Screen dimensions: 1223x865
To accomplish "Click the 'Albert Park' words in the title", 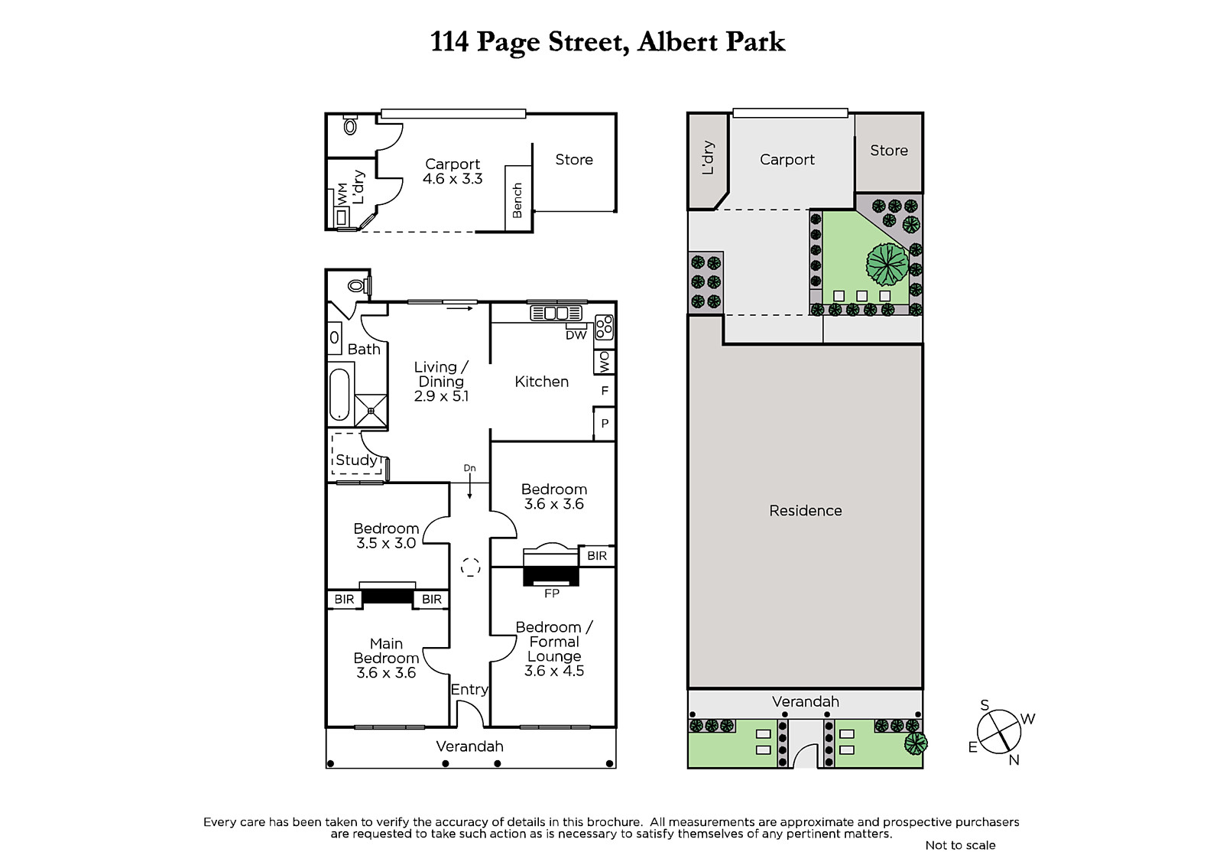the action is click(x=711, y=42).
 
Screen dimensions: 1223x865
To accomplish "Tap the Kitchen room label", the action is click(x=542, y=382).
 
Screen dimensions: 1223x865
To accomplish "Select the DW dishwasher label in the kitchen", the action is click(x=576, y=336).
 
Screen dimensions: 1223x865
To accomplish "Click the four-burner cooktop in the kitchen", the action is click(x=605, y=327).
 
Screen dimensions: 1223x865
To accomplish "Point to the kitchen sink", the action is click(x=556, y=313).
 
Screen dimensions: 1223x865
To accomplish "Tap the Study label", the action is click(x=356, y=460).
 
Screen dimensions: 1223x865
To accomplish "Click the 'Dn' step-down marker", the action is click(x=469, y=468).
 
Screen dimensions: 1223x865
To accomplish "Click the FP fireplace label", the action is click(x=551, y=593).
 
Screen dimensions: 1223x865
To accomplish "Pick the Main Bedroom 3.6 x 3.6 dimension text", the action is click(x=386, y=673).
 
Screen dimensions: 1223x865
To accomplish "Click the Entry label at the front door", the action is click(x=469, y=690).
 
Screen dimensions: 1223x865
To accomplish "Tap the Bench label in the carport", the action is click(x=517, y=200).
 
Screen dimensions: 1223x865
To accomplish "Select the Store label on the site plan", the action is click(x=889, y=150).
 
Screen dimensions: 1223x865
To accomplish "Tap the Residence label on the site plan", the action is click(x=806, y=510).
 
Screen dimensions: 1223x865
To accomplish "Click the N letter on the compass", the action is click(x=1014, y=760).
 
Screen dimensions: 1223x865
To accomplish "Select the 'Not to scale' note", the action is click(x=960, y=845).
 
